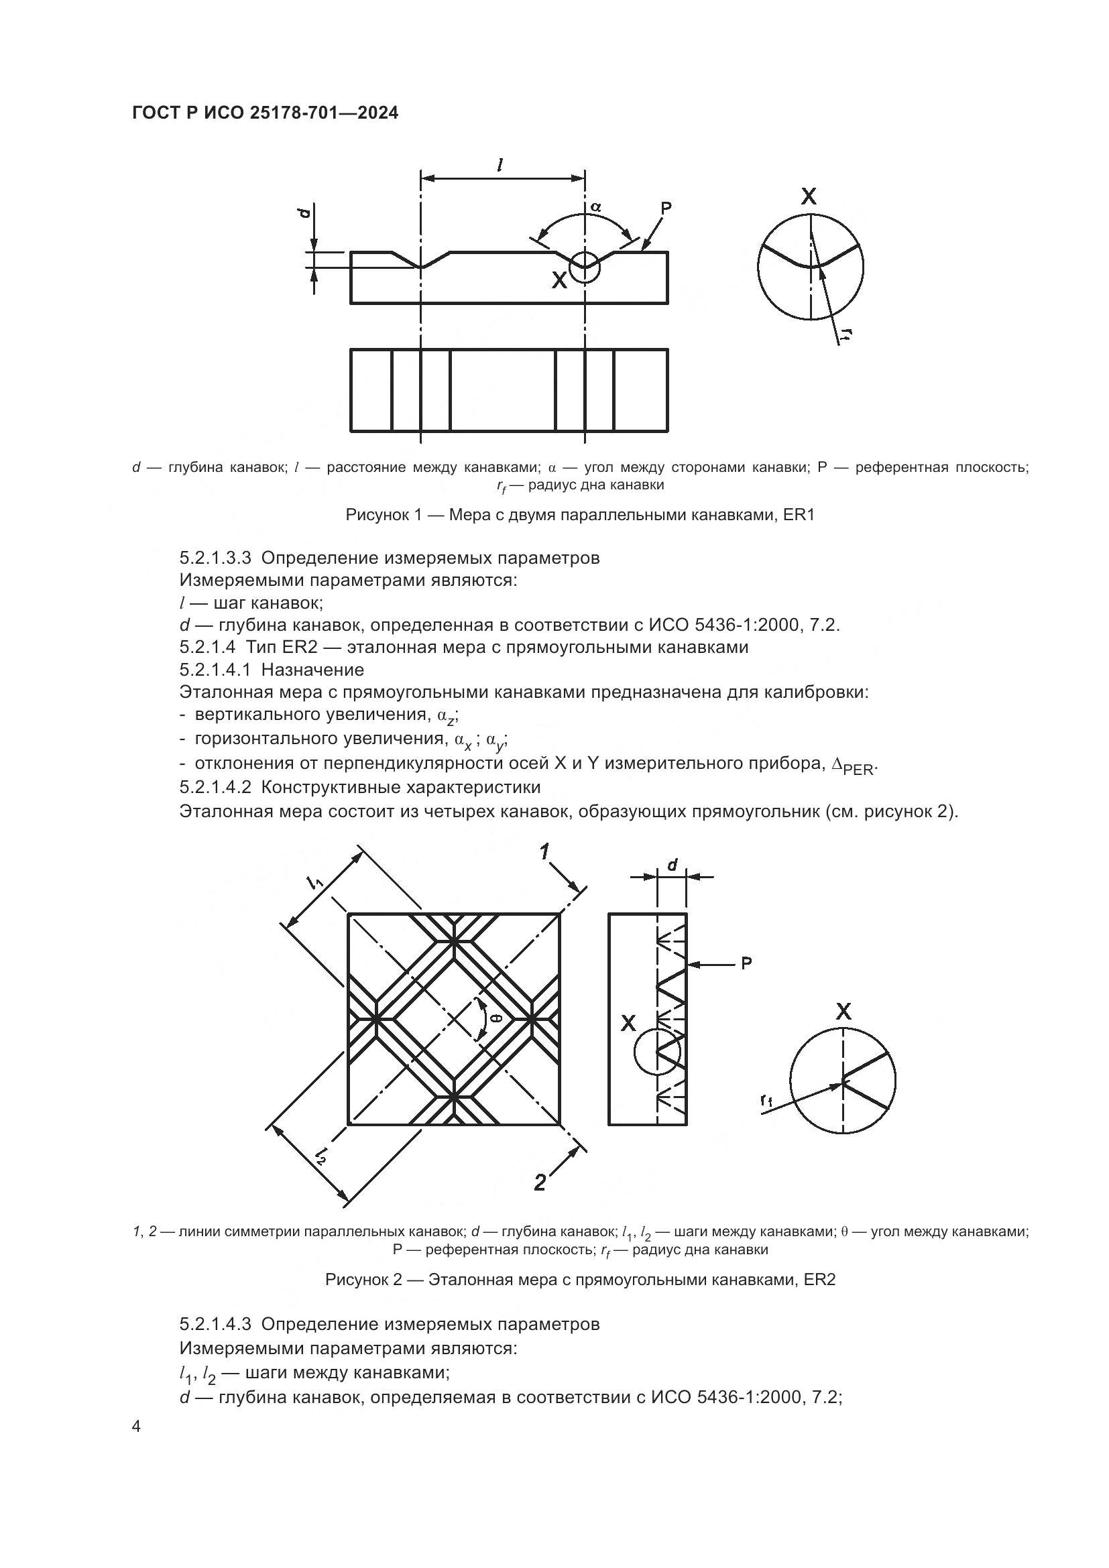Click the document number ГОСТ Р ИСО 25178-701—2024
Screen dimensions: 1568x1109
(x=265, y=113)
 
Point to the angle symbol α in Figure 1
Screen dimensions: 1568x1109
(x=595, y=206)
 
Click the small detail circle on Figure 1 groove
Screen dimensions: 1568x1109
(x=585, y=266)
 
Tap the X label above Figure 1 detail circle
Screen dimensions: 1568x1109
(x=809, y=197)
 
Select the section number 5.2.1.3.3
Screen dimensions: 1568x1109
(x=215, y=558)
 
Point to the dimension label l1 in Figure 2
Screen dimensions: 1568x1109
(x=316, y=882)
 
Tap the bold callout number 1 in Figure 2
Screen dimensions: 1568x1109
(x=545, y=851)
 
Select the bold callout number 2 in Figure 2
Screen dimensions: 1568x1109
(x=540, y=1183)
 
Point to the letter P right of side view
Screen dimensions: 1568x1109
(x=746, y=963)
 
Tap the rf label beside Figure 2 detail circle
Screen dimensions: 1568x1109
(x=766, y=1100)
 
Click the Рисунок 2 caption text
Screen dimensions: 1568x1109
(x=580, y=1279)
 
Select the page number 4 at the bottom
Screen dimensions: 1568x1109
(x=137, y=1427)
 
